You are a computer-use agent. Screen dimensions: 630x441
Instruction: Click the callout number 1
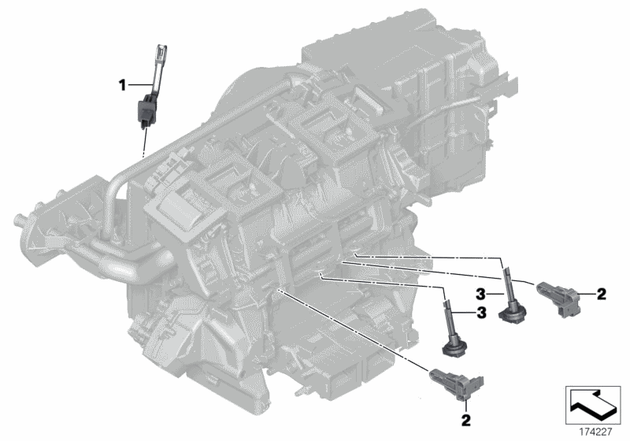click(x=123, y=85)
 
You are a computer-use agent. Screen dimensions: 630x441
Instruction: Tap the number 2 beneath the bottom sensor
click(x=466, y=421)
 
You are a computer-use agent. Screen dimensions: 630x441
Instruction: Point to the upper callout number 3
click(x=481, y=295)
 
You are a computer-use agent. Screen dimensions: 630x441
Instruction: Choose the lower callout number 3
click(x=481, y=313)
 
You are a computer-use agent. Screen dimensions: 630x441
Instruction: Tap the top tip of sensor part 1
click(x=162, y=47)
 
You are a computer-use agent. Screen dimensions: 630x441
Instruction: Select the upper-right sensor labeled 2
click(x=558, y=297)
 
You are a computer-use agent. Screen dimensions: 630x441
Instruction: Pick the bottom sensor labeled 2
click(x=458, y=383)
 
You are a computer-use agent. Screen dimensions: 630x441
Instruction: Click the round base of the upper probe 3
click(x=513, y=313)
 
